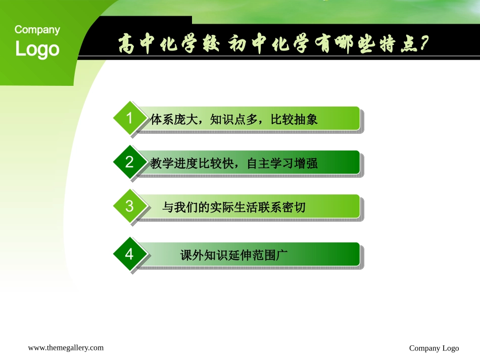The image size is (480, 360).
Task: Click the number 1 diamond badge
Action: (129, 119)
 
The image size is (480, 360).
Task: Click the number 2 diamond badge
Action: (129, 162)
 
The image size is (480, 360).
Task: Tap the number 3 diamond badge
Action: (129, 206)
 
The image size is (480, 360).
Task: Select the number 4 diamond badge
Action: (129, 254)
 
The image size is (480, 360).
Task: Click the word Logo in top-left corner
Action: (37, 49)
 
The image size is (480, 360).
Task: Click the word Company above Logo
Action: (37, 30)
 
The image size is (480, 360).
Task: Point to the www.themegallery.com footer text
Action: (66, 347)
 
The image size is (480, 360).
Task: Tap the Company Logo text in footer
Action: (434, 348)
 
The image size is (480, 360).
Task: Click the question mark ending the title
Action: (423, 44)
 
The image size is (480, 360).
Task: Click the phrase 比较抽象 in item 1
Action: (294, 120)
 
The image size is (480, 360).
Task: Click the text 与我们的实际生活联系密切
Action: (234, 208)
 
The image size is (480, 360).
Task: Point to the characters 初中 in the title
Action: (249, 45)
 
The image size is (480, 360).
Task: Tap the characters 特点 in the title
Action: (397, 45)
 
